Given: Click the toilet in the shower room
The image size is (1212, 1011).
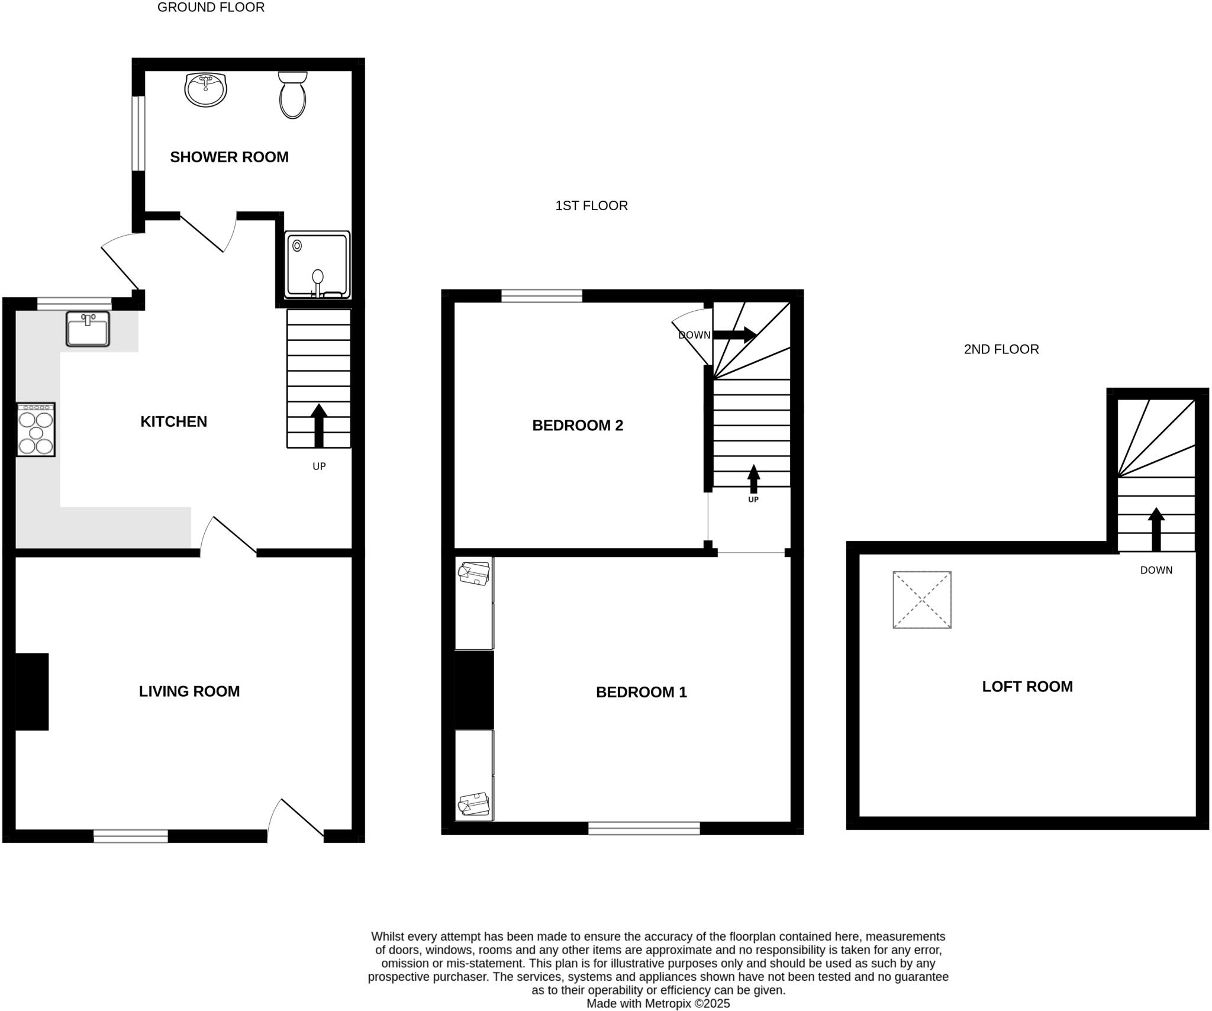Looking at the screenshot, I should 292,96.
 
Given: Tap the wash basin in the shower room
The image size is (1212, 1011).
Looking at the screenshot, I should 205,90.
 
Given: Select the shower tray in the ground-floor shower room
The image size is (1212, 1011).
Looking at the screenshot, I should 317,265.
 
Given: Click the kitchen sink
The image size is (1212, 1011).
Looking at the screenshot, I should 88,329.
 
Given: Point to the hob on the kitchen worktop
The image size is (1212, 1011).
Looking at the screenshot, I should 36,430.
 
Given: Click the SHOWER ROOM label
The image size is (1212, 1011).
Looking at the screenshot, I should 229,157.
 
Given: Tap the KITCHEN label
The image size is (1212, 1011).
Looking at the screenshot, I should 173,421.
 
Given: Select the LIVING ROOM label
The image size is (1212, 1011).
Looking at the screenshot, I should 189,691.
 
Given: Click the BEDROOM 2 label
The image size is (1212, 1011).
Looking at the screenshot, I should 578,426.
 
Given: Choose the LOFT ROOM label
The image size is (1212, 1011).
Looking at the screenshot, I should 1027,687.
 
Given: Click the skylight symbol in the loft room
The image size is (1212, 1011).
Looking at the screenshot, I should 921,600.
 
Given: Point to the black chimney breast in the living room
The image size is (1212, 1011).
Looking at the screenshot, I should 31,691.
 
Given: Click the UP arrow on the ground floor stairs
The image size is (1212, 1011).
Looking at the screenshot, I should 319,425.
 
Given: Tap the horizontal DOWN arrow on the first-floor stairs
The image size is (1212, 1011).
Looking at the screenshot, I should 734,334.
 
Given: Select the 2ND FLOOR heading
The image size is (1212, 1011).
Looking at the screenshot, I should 1001,349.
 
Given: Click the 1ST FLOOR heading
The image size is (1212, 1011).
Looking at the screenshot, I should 591,205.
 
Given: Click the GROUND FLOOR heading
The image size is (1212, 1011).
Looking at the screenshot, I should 211,8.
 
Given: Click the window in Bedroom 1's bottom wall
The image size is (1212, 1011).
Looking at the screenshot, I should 644,828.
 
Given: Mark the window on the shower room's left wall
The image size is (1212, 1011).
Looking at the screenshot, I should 138,133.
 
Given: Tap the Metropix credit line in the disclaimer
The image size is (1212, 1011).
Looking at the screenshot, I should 657,1004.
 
